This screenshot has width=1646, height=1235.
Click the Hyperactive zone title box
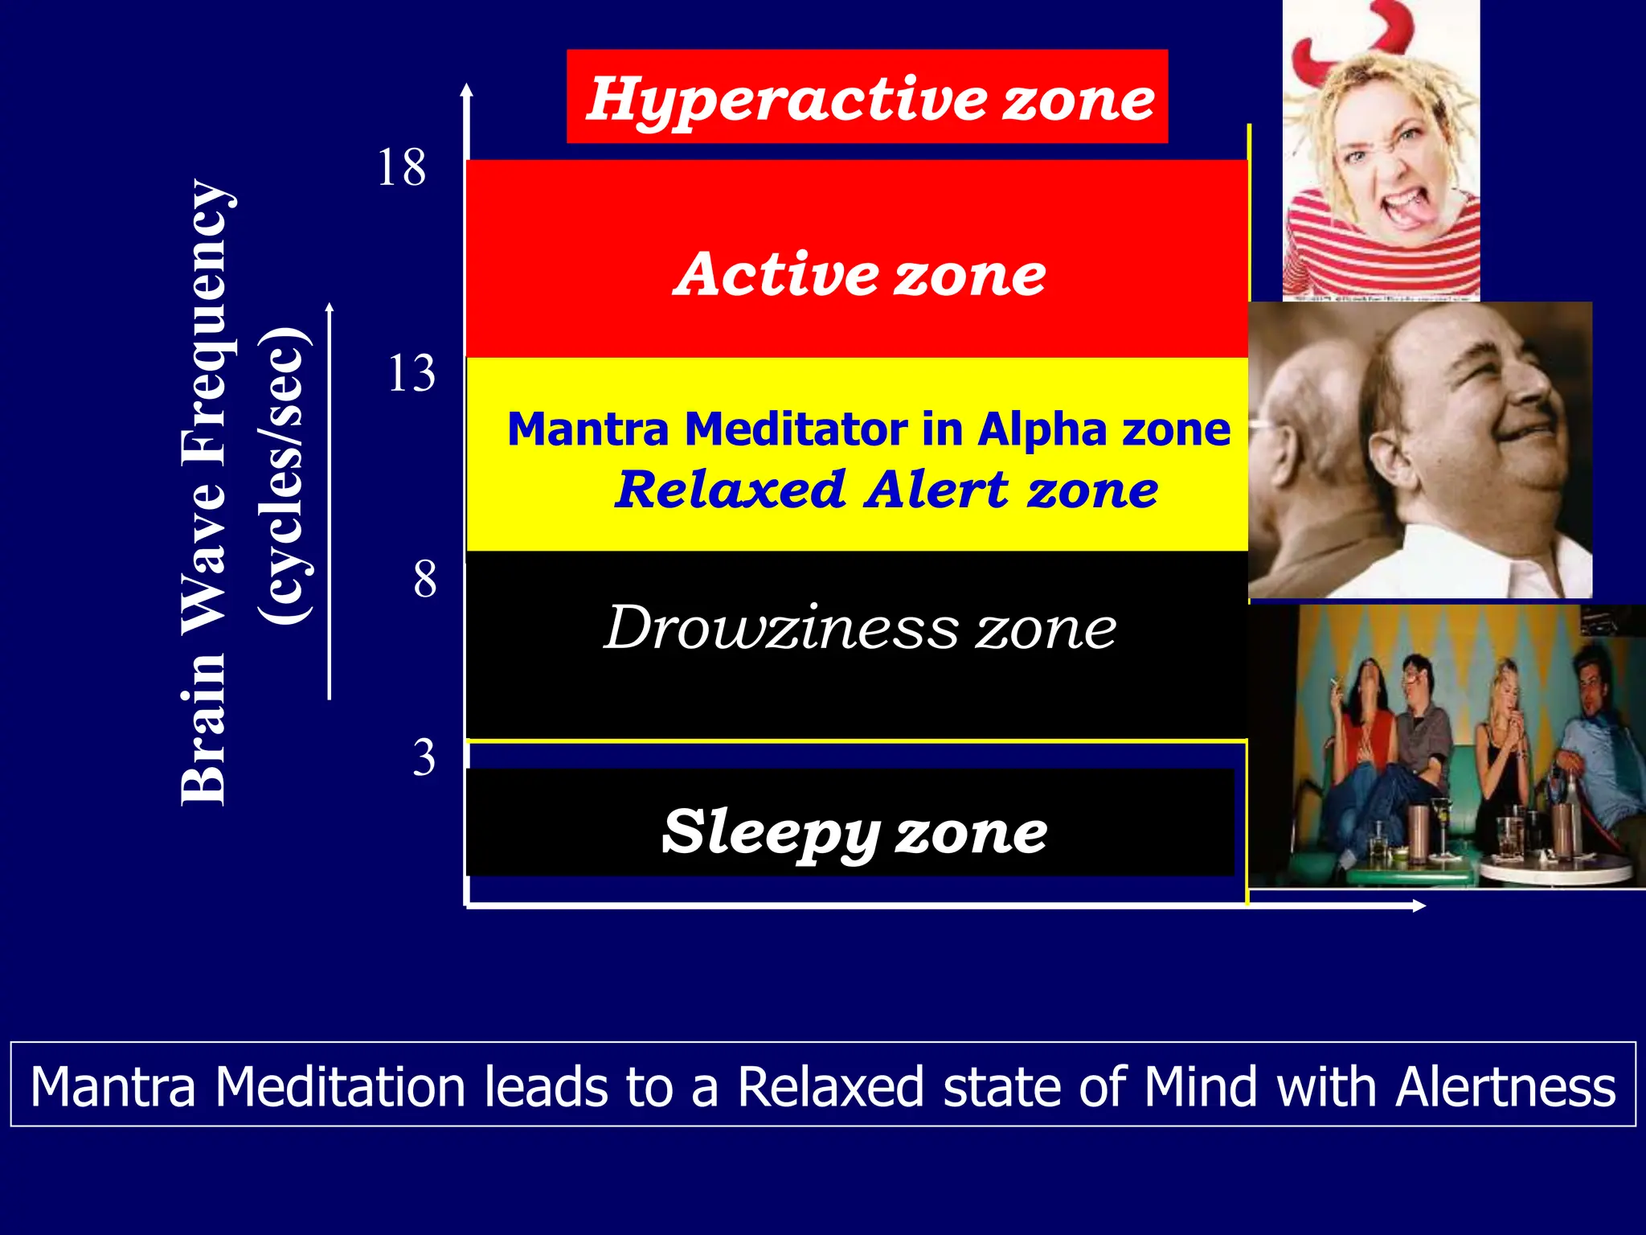[866, 96]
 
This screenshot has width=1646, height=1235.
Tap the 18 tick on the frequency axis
[401, 168]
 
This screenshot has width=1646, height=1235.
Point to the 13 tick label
[411, 374]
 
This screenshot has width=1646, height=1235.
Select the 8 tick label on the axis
[425, 579]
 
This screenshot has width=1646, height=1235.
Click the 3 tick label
[424, 757]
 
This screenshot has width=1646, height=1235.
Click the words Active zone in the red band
[859, 274]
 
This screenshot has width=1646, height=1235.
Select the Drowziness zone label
[859, 628]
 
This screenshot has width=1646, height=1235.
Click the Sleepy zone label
[854, 831]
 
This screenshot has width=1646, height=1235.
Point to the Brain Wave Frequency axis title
[204, 492]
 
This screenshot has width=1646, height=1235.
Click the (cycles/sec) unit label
[283, 474]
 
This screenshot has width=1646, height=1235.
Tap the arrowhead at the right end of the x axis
[1419, 906]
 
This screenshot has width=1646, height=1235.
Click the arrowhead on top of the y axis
[467, 89]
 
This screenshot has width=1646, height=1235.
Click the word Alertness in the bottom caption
[1505, 1087]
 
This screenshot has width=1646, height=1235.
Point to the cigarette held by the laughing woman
[1336, 685]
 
